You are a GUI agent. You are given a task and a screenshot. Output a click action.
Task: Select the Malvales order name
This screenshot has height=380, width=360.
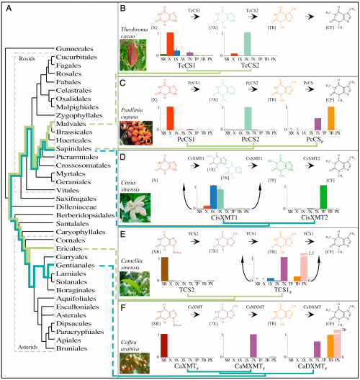(71, 124)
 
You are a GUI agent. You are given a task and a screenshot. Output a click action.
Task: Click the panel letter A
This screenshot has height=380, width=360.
(10, 9)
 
